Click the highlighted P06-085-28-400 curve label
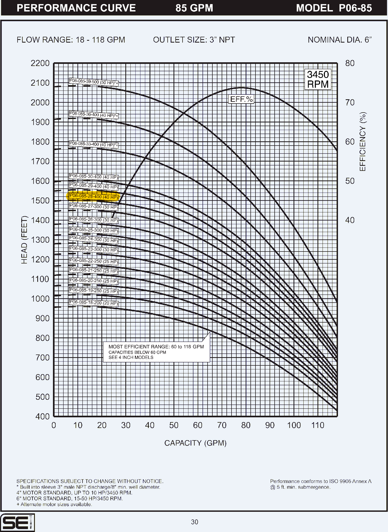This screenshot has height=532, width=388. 93,196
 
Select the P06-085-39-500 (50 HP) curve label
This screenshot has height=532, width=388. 93,82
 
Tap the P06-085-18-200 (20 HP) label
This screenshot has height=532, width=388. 93,303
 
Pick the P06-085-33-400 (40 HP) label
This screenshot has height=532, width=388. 93,144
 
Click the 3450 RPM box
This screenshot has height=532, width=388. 318,79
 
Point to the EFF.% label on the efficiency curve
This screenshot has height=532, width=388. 241,99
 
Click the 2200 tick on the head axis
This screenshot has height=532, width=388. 40,63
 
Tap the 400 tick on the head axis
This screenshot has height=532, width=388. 43,416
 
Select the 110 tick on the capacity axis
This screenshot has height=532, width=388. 318,425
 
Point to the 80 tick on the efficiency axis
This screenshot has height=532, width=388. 350,63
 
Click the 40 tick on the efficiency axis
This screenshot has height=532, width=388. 350,220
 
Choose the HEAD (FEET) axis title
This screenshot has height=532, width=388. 24,240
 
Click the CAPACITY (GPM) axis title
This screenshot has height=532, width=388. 195,443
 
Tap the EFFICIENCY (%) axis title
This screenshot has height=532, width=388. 363,142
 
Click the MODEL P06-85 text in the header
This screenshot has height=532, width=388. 334,8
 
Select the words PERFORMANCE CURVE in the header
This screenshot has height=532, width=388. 76,8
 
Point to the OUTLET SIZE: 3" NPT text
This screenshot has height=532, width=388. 194,40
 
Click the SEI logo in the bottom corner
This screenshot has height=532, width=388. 17,522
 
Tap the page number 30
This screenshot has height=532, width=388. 195,522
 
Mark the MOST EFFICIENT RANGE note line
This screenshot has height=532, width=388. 156,347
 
